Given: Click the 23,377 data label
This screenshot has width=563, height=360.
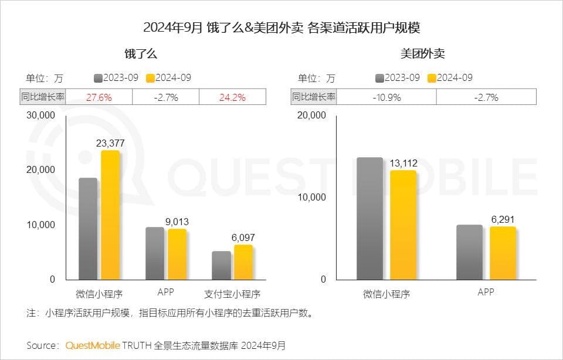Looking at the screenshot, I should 110,142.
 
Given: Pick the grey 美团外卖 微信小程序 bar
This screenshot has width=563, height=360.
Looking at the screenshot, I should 369,218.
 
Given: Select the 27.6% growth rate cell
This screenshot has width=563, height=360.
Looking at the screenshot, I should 99,97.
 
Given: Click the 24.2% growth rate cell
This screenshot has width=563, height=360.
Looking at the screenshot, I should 232,97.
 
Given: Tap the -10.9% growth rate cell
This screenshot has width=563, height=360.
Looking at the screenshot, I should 386,97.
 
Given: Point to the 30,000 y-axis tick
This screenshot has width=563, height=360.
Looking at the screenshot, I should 41,116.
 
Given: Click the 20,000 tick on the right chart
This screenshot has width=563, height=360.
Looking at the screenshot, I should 311,116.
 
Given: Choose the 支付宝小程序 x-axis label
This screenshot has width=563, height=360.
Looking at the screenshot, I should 232,293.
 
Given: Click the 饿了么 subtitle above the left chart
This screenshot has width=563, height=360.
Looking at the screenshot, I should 140,54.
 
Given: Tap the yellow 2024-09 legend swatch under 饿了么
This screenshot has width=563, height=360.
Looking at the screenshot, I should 149,78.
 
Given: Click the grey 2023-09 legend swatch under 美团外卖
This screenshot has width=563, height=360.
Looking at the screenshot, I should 379,78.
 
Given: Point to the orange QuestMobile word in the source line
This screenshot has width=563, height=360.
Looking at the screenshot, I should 93,345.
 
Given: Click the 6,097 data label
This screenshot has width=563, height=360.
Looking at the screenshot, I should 243,237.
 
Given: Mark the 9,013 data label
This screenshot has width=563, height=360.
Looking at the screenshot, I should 177,222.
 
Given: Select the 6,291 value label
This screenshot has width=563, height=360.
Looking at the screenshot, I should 503,219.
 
